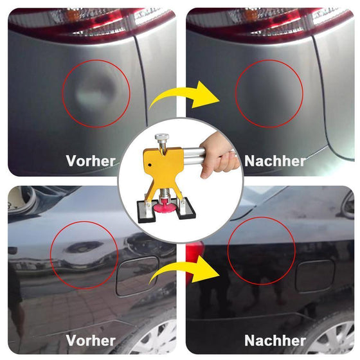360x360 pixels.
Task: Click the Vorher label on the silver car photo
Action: tap(91, 161)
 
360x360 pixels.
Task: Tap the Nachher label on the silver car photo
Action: tap(274, 161)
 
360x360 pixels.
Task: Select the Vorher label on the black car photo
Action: tap(91, 340)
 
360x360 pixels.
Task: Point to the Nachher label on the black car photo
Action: tap(274, 340)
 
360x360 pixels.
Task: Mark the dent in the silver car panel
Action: tap(93, 95)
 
